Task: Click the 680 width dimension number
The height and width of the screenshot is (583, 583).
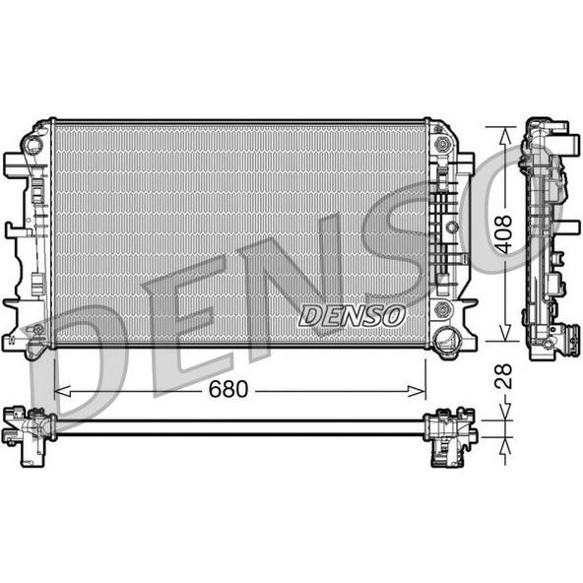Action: coord(227,389)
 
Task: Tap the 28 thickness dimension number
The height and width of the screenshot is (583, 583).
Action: coord(504,376)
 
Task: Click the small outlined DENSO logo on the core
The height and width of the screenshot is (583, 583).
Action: coord(353,316)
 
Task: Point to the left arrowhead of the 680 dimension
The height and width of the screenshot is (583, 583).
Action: coord(62,391)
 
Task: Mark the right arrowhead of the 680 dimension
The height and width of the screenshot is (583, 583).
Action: coord(417,391)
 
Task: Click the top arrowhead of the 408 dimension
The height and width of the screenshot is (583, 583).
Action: coord(504,135)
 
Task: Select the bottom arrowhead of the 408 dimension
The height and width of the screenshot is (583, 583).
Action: coord(504,333)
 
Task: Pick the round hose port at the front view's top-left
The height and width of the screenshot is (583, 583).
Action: coord(32,143)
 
